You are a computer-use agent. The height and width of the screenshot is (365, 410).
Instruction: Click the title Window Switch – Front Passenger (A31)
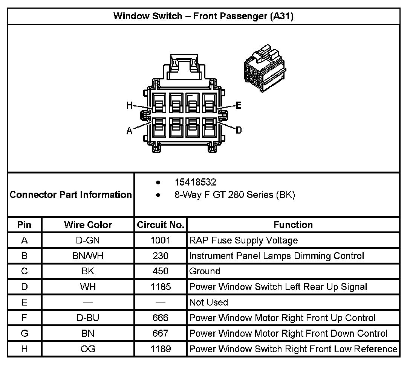[203, 17]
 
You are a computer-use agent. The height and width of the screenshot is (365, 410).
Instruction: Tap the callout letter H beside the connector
[130, 106]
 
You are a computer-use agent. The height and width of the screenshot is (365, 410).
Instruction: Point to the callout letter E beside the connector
[238, 106]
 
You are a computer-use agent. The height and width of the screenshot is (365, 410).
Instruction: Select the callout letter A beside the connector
[129, 131]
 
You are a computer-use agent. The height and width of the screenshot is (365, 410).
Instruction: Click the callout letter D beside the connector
[239, 130]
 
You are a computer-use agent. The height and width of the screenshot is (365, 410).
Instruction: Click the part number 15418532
[195, 182]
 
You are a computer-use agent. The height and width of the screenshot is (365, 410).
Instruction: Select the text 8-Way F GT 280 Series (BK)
[234, 195]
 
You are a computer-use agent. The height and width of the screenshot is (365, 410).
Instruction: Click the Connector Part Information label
[70, 195]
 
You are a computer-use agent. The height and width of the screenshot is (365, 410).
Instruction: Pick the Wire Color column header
[88, 225]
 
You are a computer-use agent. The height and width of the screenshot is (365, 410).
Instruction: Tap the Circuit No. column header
[161, 225]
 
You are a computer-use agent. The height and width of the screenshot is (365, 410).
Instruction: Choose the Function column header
[293, 225]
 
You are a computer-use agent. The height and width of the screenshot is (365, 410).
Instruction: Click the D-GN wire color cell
[88, 240]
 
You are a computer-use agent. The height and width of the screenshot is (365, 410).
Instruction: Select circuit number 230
[161, 256]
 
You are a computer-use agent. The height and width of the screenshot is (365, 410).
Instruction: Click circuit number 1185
[161, 287]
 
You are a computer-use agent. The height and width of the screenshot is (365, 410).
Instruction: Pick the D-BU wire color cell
[88, 318]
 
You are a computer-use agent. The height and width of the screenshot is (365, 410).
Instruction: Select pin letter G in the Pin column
[24, 333]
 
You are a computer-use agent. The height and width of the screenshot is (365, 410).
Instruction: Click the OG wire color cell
[88, 349]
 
